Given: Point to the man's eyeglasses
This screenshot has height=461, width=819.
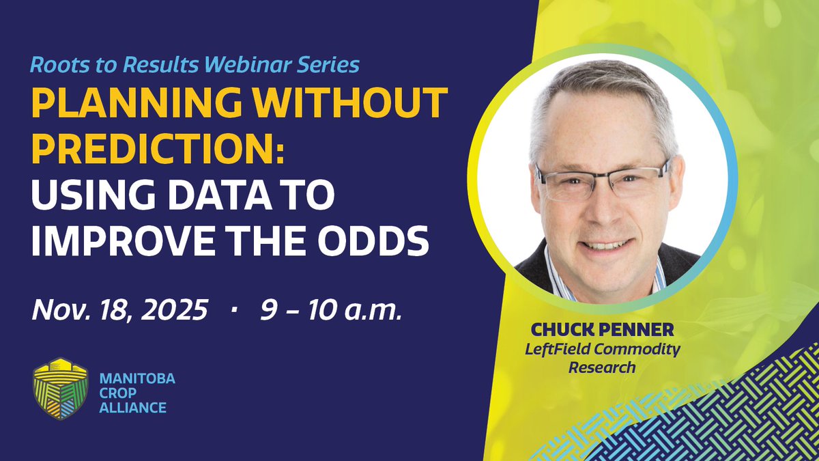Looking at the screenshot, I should [601, 180].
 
